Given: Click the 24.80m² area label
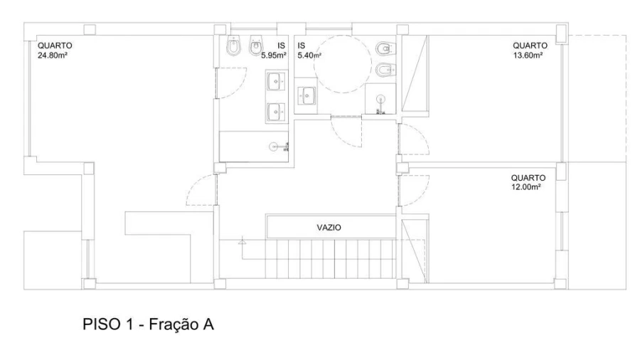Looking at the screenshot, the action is (52, 55).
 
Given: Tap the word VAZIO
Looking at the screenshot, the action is (329, 228).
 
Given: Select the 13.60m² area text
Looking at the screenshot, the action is (528, 55).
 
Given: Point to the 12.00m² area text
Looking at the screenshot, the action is (526, 187).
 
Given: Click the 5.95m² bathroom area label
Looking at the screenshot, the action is (274, 55).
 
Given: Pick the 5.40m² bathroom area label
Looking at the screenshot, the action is (309, 55).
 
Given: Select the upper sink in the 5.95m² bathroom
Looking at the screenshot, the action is (277, 81).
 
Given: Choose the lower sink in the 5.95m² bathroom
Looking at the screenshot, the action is (277, 112).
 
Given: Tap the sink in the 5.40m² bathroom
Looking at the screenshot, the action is (306, 96).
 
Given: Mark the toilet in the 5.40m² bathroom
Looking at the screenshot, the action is (385, 48).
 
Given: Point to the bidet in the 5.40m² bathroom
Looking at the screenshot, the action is (385, 70).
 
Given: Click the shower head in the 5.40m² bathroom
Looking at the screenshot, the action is (380, 104).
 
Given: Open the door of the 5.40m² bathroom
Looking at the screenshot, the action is (346, 131).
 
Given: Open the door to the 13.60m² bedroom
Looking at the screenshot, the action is (413, 139).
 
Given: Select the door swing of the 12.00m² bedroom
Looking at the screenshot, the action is (413, 190).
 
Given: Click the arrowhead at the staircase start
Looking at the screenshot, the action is (242, 241).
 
